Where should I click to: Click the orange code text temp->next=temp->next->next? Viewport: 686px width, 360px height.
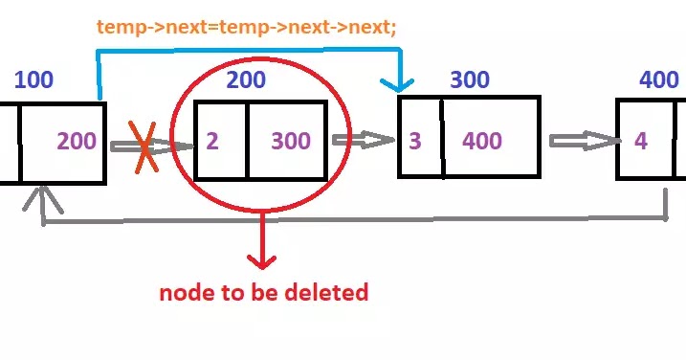[246, 28]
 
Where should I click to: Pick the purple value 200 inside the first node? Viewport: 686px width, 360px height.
[77, 142]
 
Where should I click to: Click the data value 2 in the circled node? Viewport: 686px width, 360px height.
[212, 142]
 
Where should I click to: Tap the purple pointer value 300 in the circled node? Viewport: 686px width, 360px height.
[291, 142]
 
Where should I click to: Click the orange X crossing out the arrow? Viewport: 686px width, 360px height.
[144, 147]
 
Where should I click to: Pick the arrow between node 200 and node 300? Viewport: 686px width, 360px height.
[364, 141]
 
